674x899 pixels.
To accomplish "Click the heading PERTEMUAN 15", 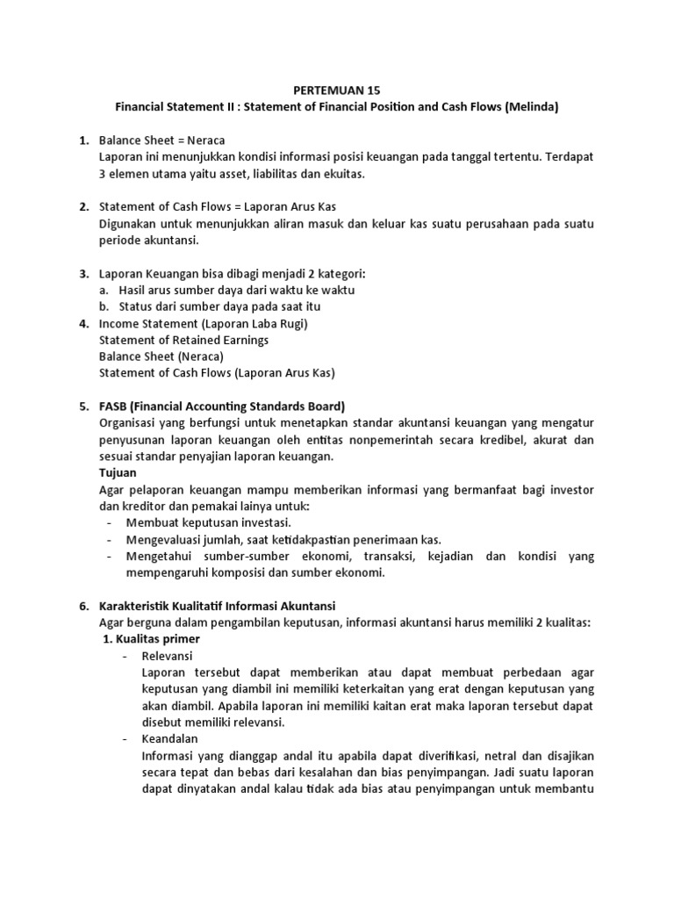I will [x=336, y=90].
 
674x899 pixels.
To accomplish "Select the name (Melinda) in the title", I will [x=529, y=107].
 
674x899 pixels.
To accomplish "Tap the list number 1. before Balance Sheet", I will [x=84, y=140].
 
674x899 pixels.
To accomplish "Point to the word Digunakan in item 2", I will [x=129, y=223].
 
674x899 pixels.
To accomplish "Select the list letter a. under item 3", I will [x=104, y=290].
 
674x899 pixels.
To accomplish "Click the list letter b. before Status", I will [x=104, y=306].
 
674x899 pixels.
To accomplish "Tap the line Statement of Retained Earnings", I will [x=184, y=340].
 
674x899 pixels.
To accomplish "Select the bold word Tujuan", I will [x=118, y=472].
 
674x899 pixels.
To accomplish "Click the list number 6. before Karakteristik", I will [x=84, y=606].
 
